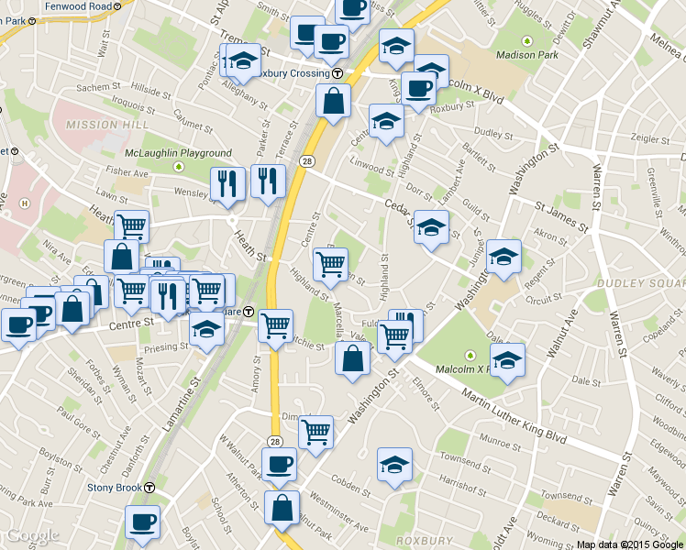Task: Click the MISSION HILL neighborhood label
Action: (x=104, y=125)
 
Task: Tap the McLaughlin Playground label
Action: (x=179, y=153)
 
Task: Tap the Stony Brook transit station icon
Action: (x=149, y=488)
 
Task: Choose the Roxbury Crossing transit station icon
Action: (x=337, y=73)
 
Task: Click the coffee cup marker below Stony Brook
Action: (x=142, y=523)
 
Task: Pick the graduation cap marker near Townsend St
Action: (x=394, y=466)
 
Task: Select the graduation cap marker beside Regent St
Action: (x=503, y=258)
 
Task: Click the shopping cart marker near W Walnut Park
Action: (x=315, y=431)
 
